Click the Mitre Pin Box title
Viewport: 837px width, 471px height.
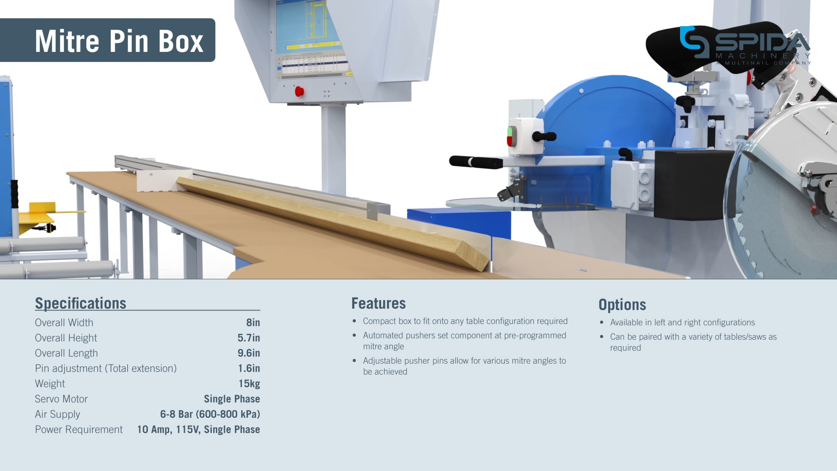[119, 41]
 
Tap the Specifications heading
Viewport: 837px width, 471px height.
[81, 303]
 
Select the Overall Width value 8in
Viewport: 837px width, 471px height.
[253, 323]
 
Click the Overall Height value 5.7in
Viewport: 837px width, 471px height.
[248, 338]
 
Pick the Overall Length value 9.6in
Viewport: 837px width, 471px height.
[248, 353]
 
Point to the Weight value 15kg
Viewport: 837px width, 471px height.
[249, 384]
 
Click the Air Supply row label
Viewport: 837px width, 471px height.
[58, 414]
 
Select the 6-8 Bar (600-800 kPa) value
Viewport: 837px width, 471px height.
[210, 414]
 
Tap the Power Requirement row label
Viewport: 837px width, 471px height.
[79, 430]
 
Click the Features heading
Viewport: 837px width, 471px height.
[378, 304]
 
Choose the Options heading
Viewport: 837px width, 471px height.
[622, 305]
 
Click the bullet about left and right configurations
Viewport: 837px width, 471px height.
[682, 323]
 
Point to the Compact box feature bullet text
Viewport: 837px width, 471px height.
[465, 321]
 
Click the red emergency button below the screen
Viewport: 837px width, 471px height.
[299, 92]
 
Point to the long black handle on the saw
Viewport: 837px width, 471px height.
[475, 162]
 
